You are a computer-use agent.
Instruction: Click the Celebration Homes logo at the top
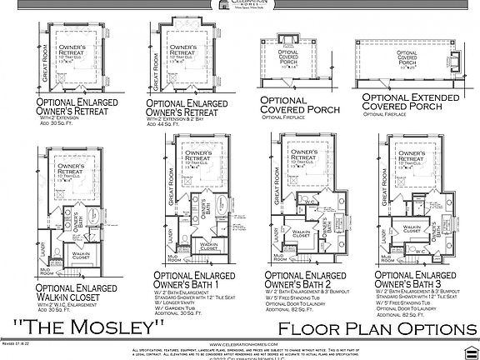click(240, 5)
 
